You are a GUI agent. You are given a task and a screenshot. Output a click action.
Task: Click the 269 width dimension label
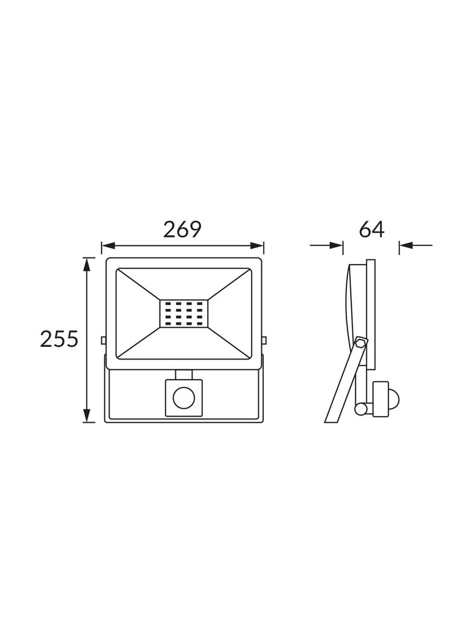point(182,230)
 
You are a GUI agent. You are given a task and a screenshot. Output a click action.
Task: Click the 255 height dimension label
point(59,339)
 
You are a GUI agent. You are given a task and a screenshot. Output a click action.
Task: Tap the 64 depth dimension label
point(371,230)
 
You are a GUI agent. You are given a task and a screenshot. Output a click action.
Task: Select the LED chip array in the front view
point(184,314)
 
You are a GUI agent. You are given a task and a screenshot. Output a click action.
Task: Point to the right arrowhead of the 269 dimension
point(258,246)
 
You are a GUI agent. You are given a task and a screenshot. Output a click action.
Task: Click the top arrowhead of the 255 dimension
point(86,264)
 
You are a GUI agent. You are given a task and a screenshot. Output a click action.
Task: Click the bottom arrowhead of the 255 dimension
point(86,416)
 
